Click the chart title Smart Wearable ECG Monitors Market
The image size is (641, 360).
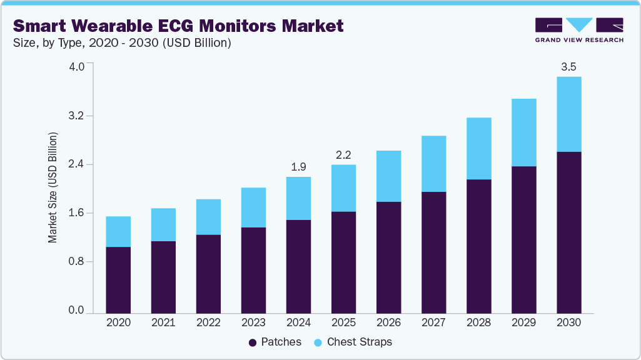[x=178, y=26]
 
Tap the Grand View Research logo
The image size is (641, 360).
[x=579, y=30]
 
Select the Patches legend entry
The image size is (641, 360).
[x=275, y=342]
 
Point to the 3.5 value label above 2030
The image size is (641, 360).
[x=568, y=67]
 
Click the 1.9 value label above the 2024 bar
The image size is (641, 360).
[x=298, y=167]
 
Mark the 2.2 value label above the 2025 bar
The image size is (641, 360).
[x=343, y=155]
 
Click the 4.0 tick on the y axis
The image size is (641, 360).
[x=76, y=67]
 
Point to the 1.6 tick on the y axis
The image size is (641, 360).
[x=76, y=213]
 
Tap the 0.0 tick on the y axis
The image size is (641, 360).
[x=76, y=311]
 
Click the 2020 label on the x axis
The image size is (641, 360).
[x=118, y=322]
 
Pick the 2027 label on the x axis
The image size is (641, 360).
[x=433, y=322]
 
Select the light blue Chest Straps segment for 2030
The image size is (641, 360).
[x=568, y=114]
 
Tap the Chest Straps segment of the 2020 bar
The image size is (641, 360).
[x=118, y=231]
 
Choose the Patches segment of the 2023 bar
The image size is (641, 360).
[x=253, y=270]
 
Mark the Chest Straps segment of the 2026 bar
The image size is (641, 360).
[x=388, y=176]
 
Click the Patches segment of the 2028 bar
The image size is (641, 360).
[x=478, y=246]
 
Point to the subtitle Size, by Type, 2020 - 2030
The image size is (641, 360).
[x=122, y=43]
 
